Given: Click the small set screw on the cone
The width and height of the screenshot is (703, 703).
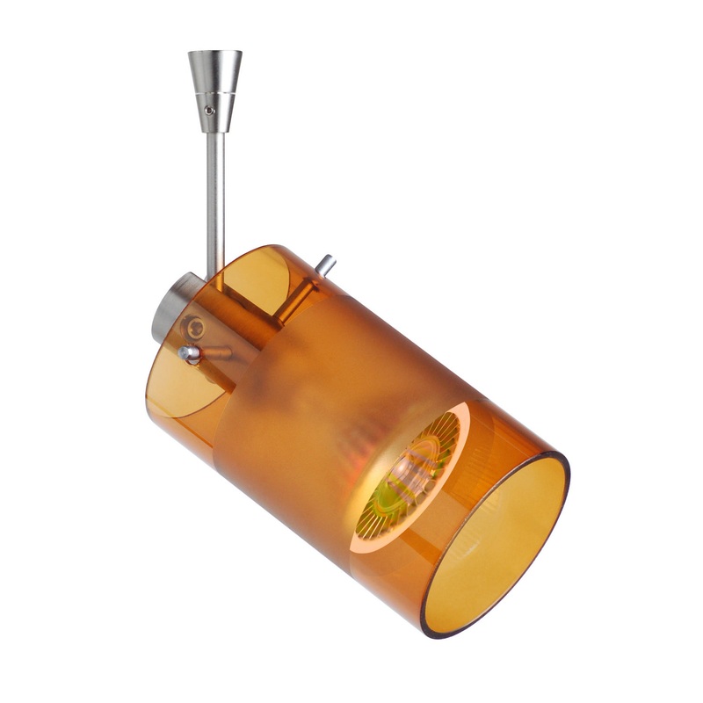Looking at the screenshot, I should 208,111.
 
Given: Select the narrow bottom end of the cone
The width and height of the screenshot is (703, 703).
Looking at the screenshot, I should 214,128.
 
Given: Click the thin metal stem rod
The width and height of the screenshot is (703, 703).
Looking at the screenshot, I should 214,193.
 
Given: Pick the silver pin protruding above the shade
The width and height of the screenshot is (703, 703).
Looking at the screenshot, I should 326,264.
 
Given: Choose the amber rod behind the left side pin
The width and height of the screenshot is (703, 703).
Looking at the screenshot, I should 216,353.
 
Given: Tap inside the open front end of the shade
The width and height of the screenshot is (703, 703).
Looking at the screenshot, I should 496,545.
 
